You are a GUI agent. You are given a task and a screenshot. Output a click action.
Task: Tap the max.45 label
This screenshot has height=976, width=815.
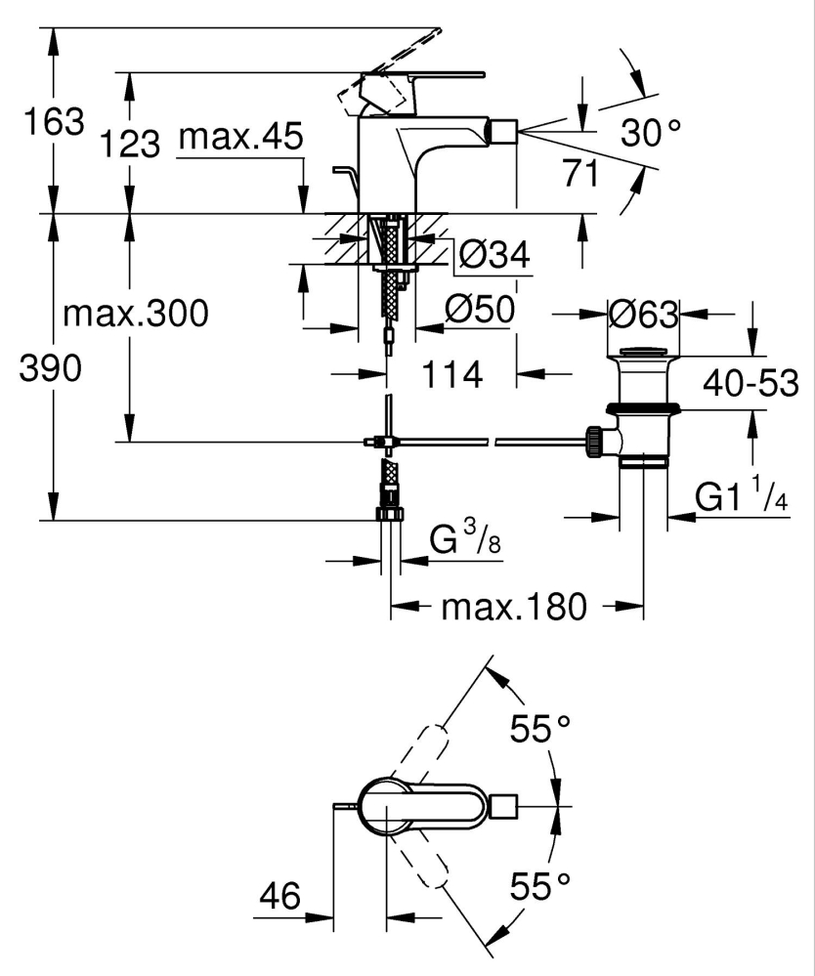[240, 138]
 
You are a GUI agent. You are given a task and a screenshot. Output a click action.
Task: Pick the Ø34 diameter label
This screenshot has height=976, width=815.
[493, 256]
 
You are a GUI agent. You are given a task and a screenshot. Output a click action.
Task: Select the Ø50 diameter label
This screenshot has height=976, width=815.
[479, 311]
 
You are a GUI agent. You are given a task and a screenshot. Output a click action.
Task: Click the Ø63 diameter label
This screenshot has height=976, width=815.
[642, 315]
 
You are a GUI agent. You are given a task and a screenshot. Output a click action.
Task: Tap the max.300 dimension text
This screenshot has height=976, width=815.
[135, 315]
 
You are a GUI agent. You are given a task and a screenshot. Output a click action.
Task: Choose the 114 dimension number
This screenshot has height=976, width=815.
[453, 373]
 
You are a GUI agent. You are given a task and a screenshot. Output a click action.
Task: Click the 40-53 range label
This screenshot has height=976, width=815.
[750, 383]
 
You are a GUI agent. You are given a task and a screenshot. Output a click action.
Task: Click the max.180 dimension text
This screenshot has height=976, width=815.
[514, 608]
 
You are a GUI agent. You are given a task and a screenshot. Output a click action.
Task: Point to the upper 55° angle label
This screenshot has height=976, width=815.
[540, 729]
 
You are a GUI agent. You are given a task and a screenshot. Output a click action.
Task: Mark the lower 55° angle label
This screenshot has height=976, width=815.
[540, 887]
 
